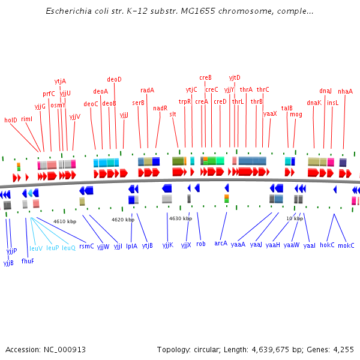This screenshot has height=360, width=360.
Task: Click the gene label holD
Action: point(11,120)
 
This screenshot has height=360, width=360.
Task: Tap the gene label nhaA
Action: point(345,91)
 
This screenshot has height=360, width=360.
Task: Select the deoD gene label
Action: point(114,79)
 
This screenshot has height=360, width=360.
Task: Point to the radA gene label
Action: point(147,90)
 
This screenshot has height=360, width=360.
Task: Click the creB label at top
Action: point(205,77)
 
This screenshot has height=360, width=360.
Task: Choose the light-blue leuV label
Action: point(36,248)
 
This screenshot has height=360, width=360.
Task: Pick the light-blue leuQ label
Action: point(68,248)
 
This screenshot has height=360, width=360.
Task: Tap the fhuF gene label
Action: point(28,261)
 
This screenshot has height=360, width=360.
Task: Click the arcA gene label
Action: point(221,243)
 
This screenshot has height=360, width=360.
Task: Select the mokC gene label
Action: point(346,245)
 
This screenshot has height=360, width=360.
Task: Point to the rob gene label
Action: point(200,244)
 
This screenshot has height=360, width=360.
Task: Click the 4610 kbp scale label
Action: point(65,221)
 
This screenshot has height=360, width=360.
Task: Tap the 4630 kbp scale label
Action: point(181,218)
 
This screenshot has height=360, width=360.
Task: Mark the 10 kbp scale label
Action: point(295,218)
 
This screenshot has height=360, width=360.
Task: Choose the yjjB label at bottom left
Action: point(8,263)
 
